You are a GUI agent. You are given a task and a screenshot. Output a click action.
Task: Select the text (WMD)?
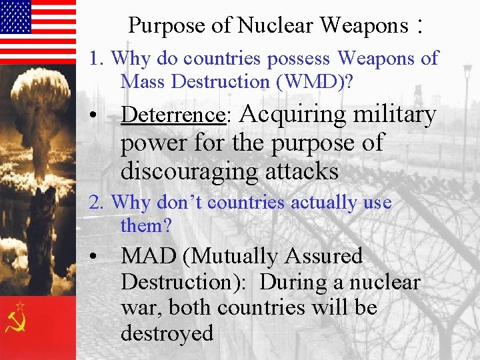(311, 81)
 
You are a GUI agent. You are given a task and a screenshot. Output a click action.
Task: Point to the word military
(394, 115)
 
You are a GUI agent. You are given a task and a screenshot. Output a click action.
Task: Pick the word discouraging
(189, 171)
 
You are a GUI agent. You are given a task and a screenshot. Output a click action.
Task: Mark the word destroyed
(167, 333)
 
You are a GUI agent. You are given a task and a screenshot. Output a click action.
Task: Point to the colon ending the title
(419, 26)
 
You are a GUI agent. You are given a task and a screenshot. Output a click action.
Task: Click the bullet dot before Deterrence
(97, 115)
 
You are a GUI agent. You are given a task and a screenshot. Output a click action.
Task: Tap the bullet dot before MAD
(97, 257)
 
